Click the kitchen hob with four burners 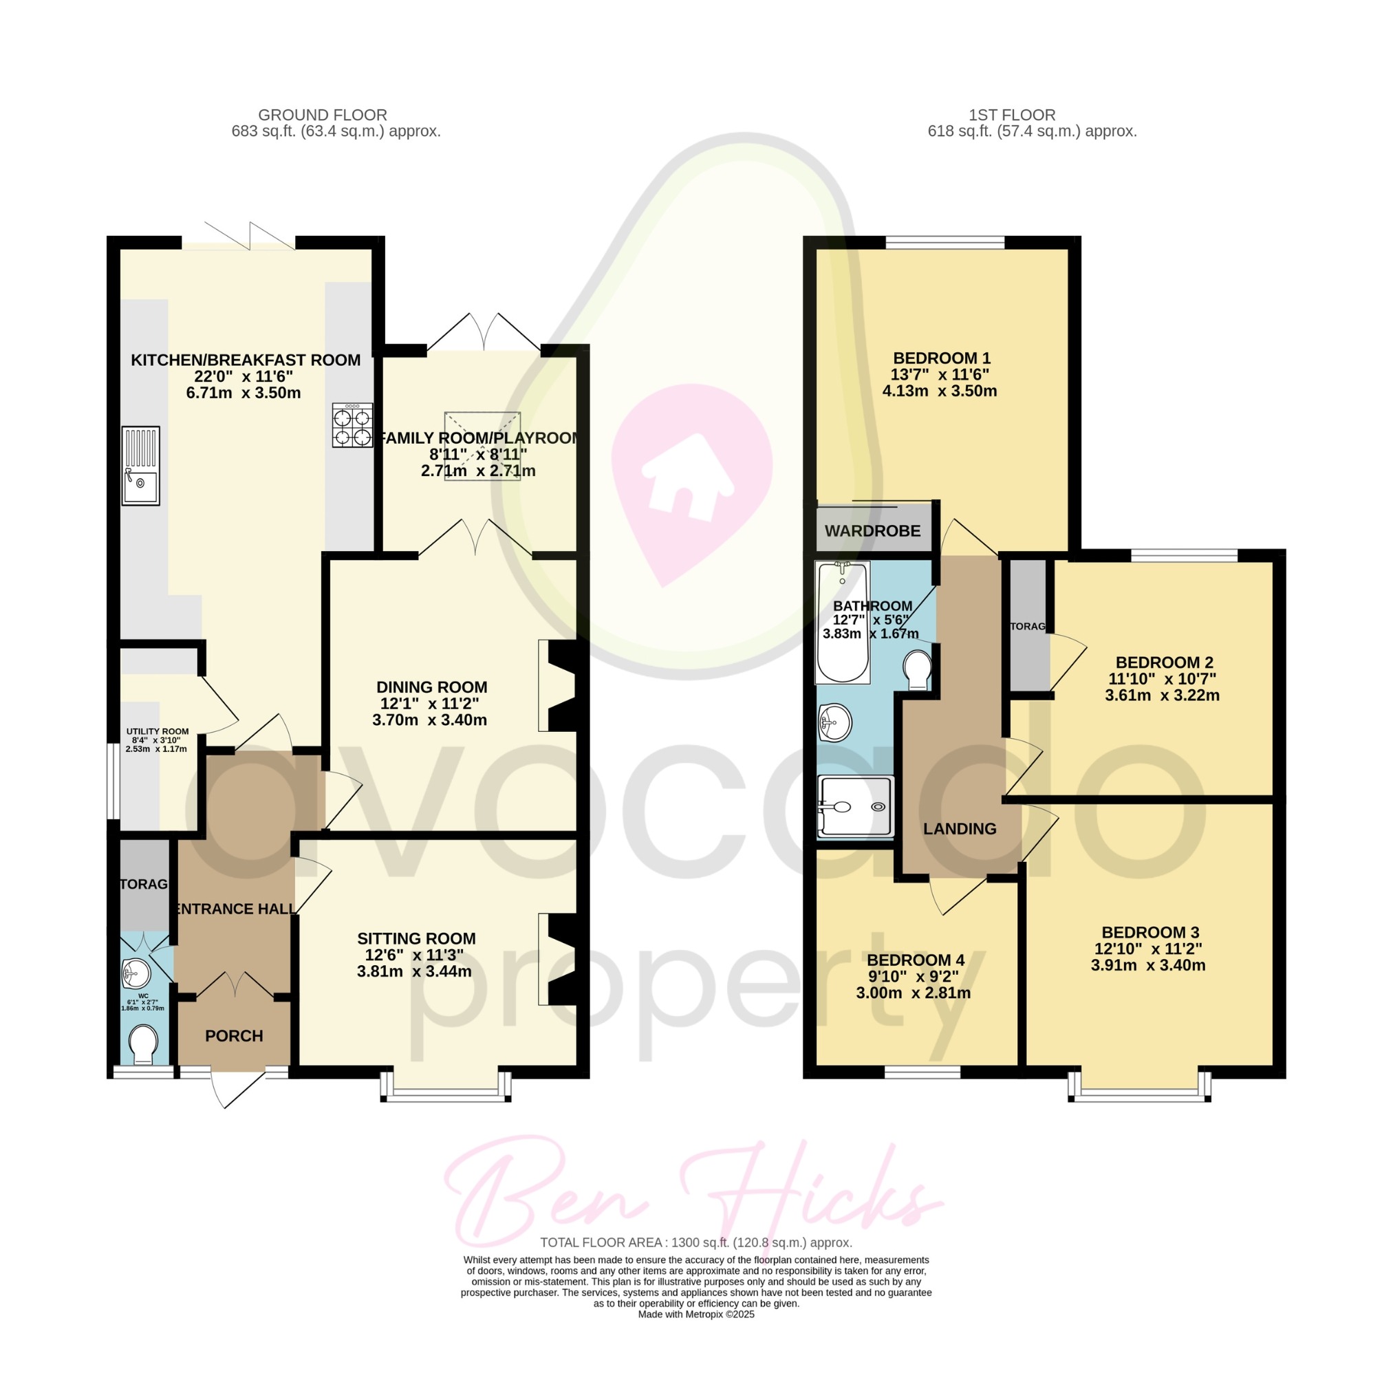coord(353,424)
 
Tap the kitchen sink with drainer coord(140,466)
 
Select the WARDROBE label coord(872,531)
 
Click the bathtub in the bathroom coord(842,623)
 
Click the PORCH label coord(234,1036)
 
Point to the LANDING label coord(960,829)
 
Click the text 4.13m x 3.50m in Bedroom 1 coord(940,391)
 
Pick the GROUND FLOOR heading coord(323,115)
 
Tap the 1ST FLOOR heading coord(1012,115)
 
